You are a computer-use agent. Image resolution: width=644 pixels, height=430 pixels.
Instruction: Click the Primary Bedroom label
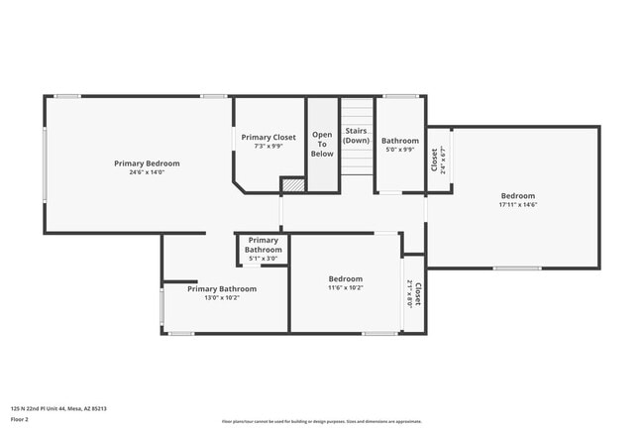pos(146,162)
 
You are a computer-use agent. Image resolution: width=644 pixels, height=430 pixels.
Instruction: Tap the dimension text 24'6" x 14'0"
pos(146,172)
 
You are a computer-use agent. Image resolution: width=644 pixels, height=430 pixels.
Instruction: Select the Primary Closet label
pos(268,137)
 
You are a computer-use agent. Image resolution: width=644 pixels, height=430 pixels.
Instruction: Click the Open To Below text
pos(322,144)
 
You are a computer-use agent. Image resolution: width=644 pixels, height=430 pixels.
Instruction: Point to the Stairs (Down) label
pos(356,136)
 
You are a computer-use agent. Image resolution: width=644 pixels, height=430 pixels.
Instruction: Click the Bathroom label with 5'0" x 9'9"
pos(400,141)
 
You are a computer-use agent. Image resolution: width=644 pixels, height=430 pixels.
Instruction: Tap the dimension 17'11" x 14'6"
pos(517,206)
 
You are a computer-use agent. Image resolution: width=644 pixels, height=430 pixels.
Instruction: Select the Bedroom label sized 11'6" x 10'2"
pos(346,278)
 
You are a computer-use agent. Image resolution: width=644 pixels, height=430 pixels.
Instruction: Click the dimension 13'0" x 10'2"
pos(223,298)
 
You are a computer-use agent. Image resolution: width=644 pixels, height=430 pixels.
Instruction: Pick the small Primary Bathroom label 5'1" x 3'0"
pos(264,245)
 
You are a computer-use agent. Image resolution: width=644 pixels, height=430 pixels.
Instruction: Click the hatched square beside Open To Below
pos(292,184)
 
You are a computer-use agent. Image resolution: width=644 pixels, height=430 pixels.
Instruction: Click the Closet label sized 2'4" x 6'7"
pos(434,159)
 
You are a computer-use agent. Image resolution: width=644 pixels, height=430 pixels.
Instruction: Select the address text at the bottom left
pos(58,408)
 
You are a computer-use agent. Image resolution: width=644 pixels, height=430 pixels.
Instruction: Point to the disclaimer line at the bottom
pos(323,420)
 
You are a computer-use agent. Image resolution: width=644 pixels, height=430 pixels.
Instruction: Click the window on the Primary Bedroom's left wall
pos(45,164)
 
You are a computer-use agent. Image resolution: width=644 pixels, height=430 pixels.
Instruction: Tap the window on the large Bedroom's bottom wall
pos(517,268)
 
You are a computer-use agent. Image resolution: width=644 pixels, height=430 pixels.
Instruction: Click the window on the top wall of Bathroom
pos(400,96)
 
